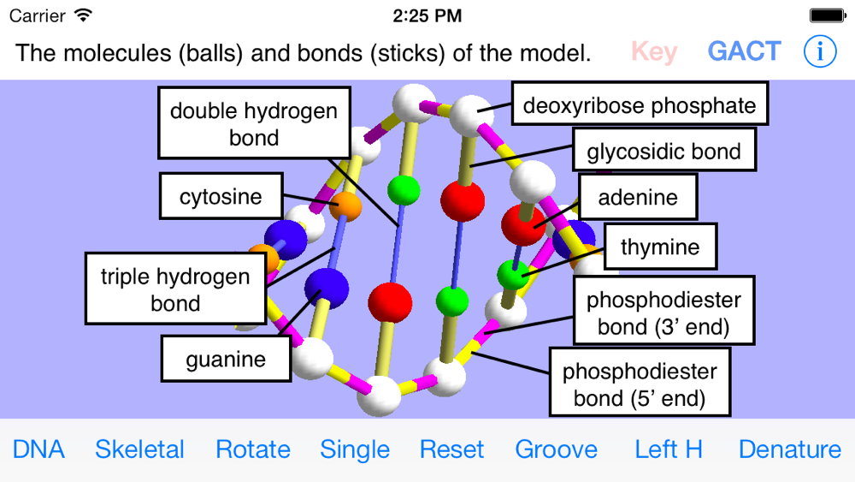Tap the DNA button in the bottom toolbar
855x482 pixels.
38,449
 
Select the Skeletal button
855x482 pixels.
139,449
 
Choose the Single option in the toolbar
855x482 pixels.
355,449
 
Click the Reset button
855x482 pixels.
452,449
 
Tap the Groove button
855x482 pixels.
557,449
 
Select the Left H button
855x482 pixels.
669,449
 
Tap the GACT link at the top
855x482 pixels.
744,51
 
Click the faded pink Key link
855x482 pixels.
654,51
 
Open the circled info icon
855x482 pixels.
820,51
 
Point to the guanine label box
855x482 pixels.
226,359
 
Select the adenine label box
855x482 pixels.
638,197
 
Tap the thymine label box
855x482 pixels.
660,247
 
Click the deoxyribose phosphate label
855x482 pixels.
640,105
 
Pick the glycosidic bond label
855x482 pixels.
663,152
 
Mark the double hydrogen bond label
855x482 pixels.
254,124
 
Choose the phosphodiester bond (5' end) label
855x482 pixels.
640,384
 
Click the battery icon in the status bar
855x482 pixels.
827,15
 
